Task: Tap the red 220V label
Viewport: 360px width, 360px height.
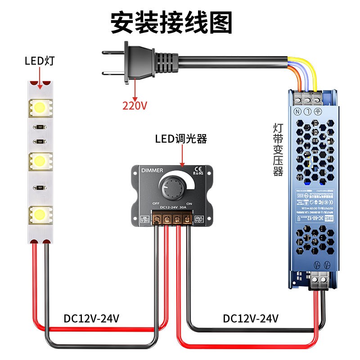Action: (135, 106)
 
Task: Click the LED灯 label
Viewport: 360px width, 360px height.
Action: (40, 60)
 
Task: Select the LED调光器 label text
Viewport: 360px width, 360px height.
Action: (181, 139)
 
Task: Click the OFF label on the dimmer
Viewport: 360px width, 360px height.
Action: (156, 203)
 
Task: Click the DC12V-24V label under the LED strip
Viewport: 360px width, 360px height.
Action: (91, 319)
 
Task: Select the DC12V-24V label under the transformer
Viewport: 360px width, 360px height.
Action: (251, 319)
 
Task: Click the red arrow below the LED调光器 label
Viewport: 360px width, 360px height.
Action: (182, 155)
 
